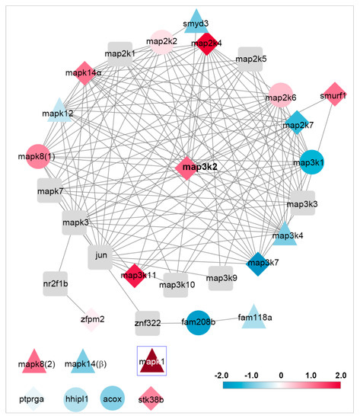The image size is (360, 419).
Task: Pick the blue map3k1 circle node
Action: [x=311, y=163]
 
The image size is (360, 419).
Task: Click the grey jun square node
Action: [x=100, y=257]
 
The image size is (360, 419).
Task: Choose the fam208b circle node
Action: [x=199, y=322]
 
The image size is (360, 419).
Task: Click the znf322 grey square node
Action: [x=147, y=323]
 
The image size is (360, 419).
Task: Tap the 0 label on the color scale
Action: [x=281, y=376]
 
